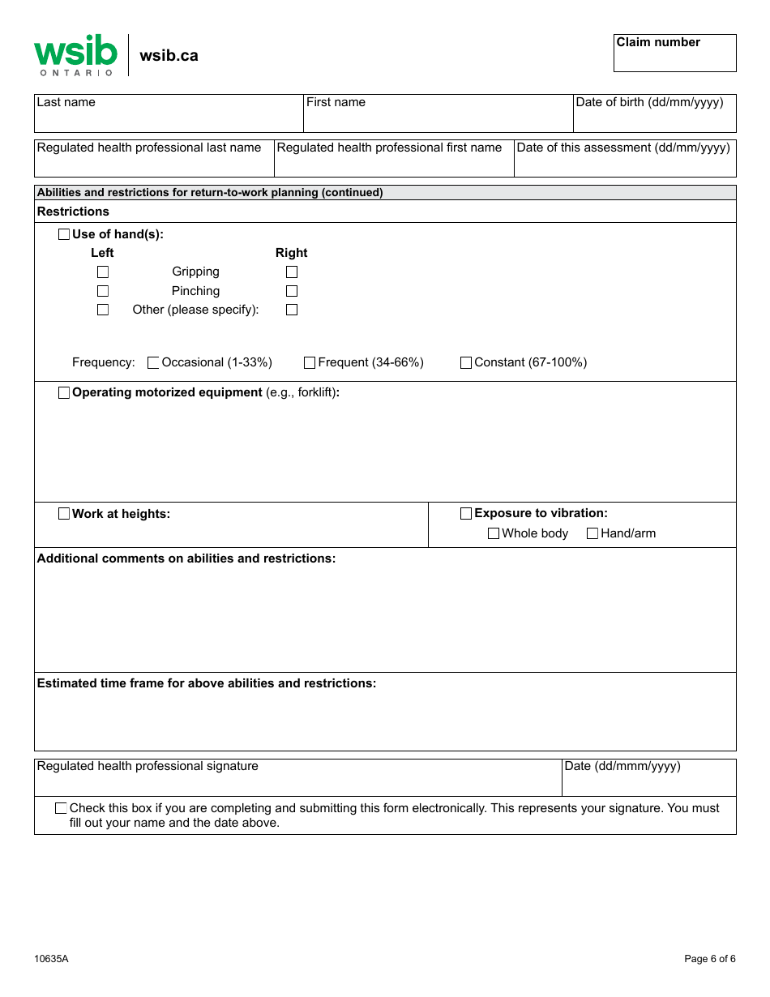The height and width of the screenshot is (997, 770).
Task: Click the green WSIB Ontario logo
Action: [x=75, y=55]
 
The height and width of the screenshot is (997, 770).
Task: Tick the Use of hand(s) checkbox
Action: [x=64, y=234]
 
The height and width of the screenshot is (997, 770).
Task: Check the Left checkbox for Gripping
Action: [x=103, y=272]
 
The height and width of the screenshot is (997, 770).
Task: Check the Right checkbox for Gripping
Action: [x=292, y=272]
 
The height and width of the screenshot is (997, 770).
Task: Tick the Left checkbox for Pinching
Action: [x=103, y=291]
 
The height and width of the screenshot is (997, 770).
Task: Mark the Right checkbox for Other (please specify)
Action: [x=292, y=310]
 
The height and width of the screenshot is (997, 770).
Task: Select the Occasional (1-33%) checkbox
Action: [x=153, y=363]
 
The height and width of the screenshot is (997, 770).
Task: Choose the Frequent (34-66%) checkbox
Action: [x=310, y=363]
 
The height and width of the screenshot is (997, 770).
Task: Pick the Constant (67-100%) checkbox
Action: [x=466, y=363]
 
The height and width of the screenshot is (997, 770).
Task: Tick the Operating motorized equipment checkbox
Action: [x=64, y=393]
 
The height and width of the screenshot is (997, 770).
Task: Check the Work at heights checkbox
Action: [x=64, y=514]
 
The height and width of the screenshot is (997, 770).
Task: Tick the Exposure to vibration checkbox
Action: [x=466, y=514]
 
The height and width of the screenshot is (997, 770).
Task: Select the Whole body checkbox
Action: [x=494, y=533]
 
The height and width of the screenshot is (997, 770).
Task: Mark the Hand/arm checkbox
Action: [x=592, y=533]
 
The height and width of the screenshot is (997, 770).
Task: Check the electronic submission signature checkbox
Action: [x=61, y=808]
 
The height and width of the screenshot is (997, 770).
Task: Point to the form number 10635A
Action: [x=51, y=959]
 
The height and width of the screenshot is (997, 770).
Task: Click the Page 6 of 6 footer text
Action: [x=710, y=959]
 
